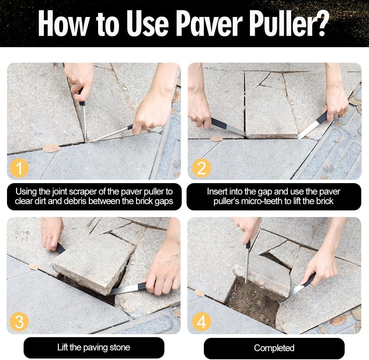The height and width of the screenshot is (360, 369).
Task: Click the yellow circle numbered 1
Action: click(18, 168)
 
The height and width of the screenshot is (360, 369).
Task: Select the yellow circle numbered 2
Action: click(201, 168)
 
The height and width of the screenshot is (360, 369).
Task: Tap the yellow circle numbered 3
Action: click(19, 322)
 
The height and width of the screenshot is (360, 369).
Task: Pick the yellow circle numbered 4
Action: click(201, 322)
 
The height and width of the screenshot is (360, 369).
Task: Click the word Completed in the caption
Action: click(274, 348)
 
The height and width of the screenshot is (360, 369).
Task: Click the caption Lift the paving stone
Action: click(94, 347)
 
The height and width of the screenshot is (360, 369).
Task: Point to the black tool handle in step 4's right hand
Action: click(309, 279)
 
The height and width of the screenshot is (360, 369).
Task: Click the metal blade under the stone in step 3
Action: click(123, 290)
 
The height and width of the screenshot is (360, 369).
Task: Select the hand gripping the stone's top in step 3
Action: click(52, 232)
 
